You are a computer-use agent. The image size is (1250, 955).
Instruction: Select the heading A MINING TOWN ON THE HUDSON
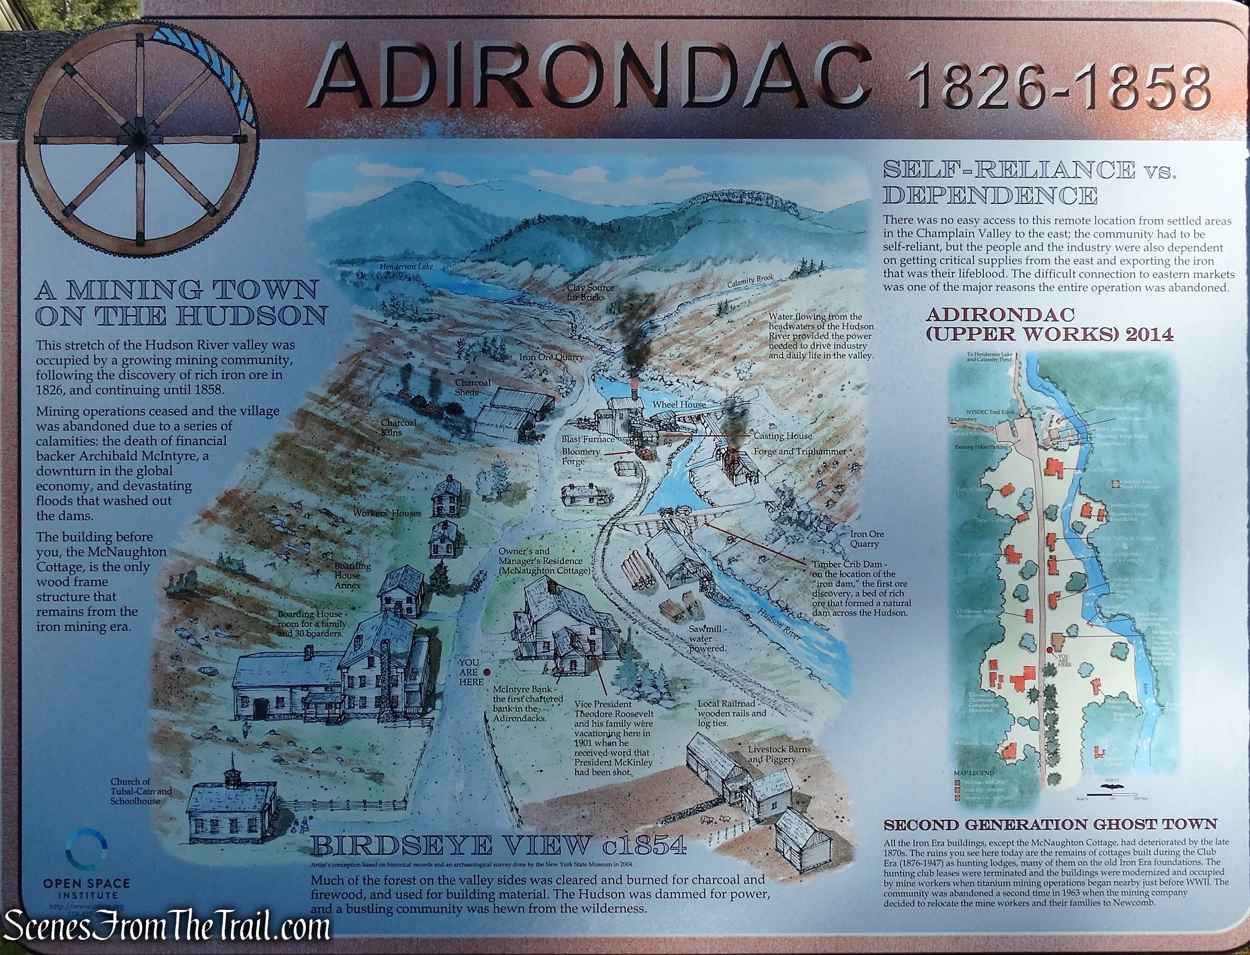(181, 302)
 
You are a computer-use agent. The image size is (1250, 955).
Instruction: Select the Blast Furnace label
(588, 439)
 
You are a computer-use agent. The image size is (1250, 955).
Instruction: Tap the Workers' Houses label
(387, 513)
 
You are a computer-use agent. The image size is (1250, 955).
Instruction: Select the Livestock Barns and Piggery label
(779, 754)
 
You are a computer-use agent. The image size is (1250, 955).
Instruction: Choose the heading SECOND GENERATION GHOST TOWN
(1050, 825)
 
